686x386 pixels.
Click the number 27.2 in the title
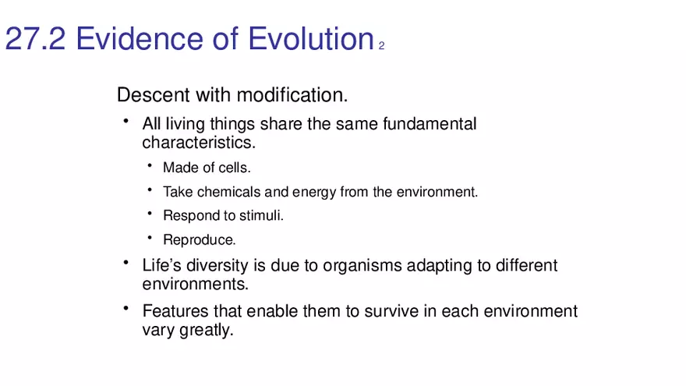(x=35, y=38)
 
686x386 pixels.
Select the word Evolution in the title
(x=310, y=38)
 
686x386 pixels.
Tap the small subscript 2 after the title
(x=381, y=46)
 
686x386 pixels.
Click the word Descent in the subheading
(x=154, y=94)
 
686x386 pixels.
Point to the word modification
(x=292, y=94)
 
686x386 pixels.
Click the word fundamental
(x=430, y=124)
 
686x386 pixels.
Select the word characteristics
(x=199, y=143)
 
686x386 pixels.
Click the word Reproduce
(x=200, y=240)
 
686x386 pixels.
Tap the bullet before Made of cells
(x=150, y=165)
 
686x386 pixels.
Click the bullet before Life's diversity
(x=126, y=263)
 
